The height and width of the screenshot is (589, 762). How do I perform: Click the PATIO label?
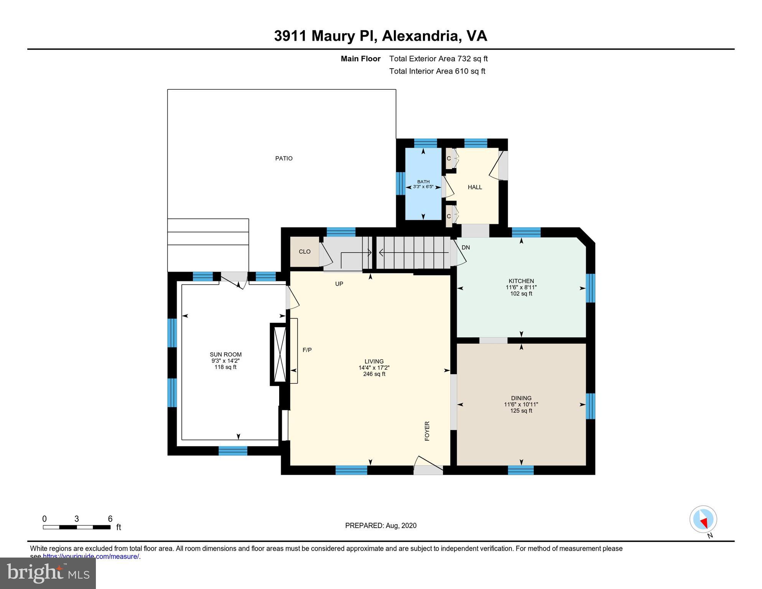point(284,158)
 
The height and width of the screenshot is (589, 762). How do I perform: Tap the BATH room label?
point(423,182)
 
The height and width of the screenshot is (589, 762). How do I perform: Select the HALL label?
point(475,187)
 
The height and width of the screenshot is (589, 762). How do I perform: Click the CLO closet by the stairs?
point(304,252)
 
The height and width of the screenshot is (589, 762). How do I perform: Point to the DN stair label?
point(466,247)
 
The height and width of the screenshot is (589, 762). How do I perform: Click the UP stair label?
point(339,284)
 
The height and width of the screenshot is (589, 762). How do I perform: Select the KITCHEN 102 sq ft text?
point(521,294)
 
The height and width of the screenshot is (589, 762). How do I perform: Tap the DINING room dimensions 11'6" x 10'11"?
point(521,404)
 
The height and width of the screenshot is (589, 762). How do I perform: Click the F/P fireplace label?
point(307,350)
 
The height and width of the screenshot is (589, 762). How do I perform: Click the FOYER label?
point(427,431)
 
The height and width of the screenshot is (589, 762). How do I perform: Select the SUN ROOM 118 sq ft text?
point(225,367)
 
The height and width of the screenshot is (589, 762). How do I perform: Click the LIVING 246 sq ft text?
point(374,374)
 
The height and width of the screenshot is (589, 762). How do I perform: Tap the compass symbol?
point(703,519)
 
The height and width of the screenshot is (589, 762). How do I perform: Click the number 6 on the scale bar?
point(110,519)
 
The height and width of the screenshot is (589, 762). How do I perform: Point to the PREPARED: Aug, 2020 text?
point(380,525)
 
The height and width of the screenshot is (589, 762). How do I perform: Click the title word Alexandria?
point(421,36)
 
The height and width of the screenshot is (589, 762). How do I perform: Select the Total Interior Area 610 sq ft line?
point(437,71)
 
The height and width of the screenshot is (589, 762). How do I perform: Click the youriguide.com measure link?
point(91,556)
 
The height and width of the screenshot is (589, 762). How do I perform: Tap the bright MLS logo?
point(48,573)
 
